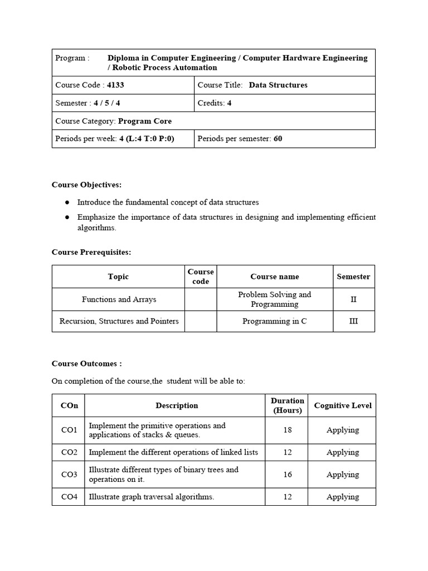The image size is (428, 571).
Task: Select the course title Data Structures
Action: (x=278, y=85)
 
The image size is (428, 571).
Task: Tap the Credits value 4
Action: (x=229, y=103)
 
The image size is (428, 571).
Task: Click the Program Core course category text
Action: (x=145, y=121)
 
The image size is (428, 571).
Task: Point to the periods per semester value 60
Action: (x=278, y=139)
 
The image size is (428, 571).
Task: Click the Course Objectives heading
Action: (x=86, y=185)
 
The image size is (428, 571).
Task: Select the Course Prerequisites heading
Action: (x=91, y=252)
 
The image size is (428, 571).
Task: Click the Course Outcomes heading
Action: (x=86, y=364)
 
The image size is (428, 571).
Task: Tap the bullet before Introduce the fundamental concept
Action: (x=67, y=202)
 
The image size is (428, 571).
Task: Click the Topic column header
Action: (x=118, y=277)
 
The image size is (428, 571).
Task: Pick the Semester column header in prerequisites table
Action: (x=353, y=277)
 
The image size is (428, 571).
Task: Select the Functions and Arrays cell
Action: (x=119, y=299)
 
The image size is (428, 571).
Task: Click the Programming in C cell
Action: (x=274, y=321)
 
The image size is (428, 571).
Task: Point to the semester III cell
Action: (x=353, y=321)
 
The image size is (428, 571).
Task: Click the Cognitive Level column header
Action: (x=343, y=405)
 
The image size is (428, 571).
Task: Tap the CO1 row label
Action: (x=69, y=430)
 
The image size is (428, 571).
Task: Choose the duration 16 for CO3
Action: (x=287, y=475)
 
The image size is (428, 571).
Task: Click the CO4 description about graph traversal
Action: (x=151, y=497)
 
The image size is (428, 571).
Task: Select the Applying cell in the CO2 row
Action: (x=343, y=452)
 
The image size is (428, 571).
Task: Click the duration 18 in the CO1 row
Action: (x=287, y=430)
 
